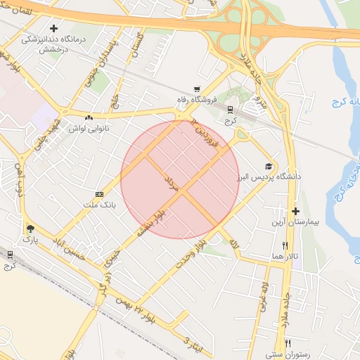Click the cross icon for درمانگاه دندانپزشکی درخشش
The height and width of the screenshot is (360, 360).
(54, 28)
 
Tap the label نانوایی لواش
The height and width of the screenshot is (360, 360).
(88, 129)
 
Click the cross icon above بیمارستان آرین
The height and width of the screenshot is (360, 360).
(295, 211)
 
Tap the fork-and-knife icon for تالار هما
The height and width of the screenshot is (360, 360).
(285, 245)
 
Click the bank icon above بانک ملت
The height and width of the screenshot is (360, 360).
(99, 194)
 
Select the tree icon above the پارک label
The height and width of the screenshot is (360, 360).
(30, 229)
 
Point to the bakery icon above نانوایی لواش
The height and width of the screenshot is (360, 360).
(89, 118)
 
